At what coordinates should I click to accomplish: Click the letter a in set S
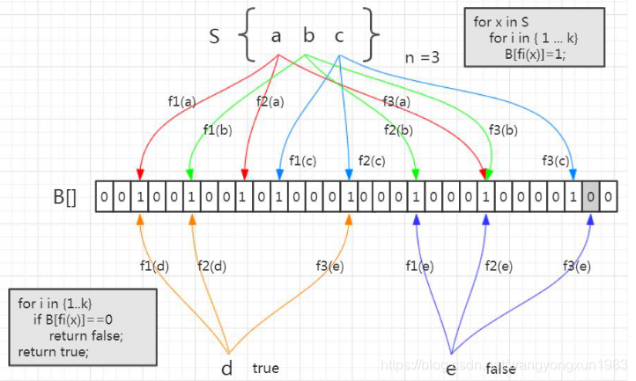click(x=276, y=36)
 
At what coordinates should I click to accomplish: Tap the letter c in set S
click(x=339, y=36)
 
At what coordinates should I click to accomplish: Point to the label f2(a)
click(x=270, y=101)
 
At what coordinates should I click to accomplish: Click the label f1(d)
click(x=156, y=265)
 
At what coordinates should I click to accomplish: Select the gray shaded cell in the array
click(x=591, y=196)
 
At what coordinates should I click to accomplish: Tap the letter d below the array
click(x=227, y=368)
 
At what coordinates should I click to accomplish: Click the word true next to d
click(x=266, y=368)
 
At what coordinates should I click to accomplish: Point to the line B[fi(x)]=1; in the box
click(x=536, y=55)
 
